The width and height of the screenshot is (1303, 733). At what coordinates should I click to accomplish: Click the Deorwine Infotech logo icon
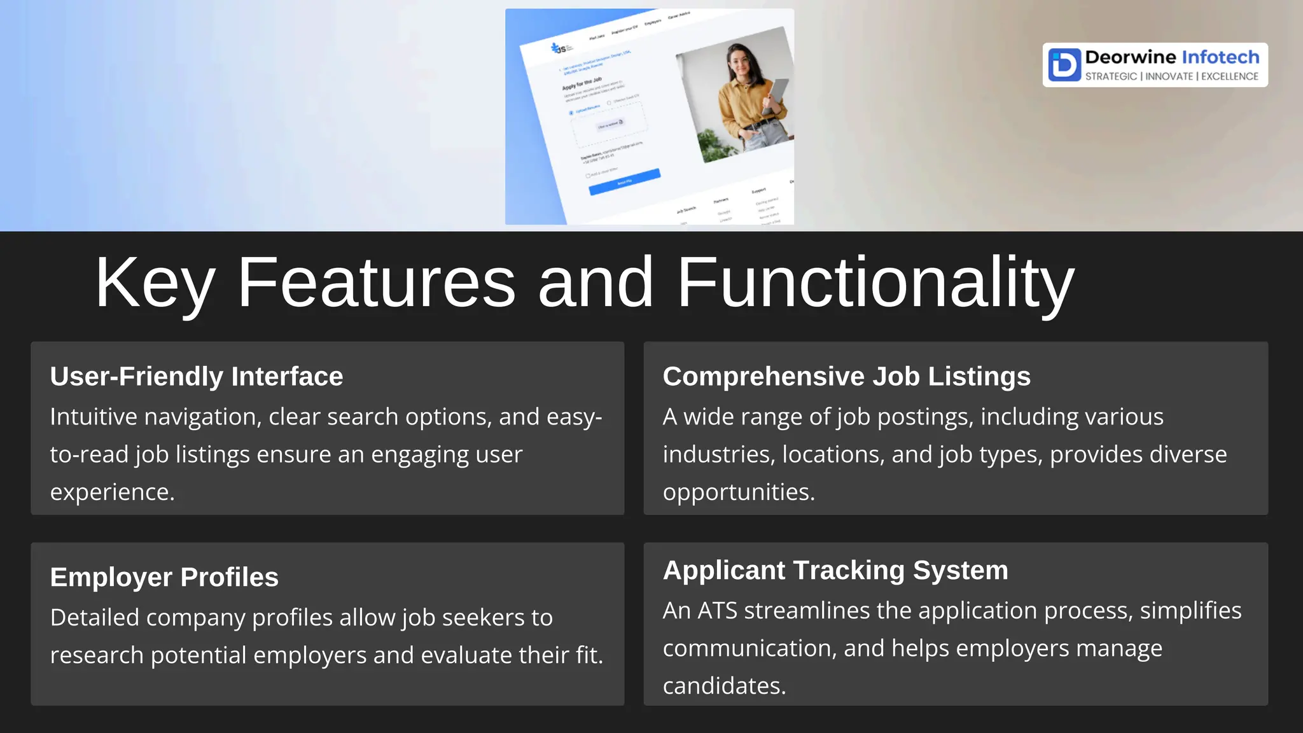tap(1064, 64)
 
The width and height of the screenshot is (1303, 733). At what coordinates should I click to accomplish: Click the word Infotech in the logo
tap(1220, 57)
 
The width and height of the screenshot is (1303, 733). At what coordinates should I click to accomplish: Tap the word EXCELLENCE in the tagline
tap(1229, 76)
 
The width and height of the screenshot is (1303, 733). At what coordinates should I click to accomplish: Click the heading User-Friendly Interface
tap(197, 376)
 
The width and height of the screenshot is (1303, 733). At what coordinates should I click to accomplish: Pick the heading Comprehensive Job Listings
tap(846, 376)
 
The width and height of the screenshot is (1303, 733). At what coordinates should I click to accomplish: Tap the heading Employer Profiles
tap(164, 577)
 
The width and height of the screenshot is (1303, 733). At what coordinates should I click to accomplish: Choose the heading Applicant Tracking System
tap(835, 570)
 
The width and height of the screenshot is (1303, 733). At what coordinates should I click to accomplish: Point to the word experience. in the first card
tap(112, 492)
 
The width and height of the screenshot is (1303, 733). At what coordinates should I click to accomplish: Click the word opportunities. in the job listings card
tap(739, 492)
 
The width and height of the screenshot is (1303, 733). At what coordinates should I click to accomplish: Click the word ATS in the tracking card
tap(717, 611)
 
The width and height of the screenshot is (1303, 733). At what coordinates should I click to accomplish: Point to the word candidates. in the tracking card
tap(724, 686)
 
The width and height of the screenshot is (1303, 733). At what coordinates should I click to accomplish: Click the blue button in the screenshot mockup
tap(624, 182)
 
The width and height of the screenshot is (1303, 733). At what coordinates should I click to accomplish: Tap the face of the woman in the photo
tap(738, 62)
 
